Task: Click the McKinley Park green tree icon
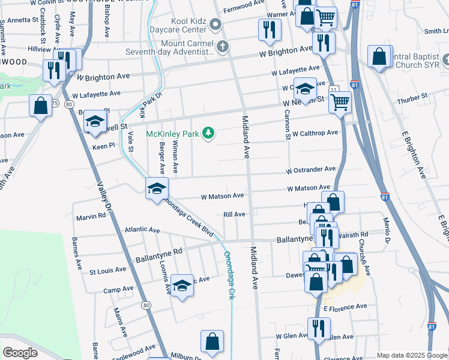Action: coord(208,133)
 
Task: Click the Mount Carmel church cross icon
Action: coord(222,46)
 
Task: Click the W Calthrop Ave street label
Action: coord(315,133)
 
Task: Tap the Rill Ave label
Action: coord(234,214)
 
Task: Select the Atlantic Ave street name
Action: coord(142,230)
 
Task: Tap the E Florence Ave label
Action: coord(345,307)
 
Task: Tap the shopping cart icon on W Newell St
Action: coord(340,102)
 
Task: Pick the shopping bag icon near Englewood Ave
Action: coord(212,341)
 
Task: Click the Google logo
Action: coord(20,352)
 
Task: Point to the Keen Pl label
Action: coord(103,146)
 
